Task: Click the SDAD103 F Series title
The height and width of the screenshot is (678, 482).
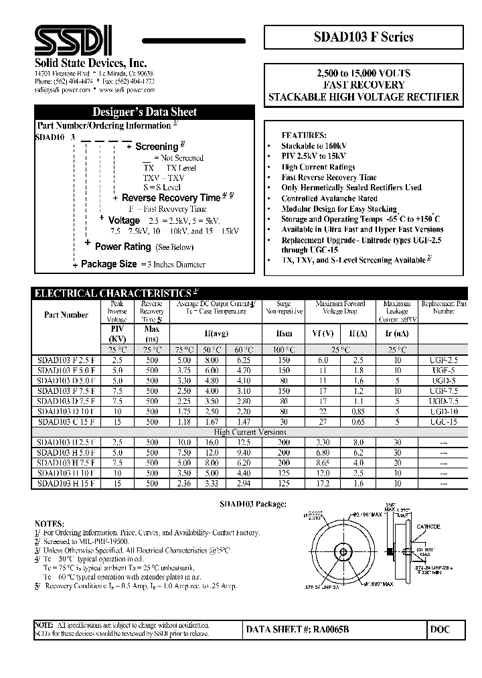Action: (364, 37)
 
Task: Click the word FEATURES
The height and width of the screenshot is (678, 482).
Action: (305, 135)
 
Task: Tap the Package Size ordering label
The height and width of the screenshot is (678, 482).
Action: (108, 264)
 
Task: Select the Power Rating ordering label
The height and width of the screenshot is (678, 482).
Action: (123, 247)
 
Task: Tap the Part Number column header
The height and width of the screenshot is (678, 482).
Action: (66, 314)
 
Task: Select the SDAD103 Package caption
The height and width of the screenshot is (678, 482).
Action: (254, 503)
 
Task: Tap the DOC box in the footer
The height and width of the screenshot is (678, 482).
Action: (440, 629)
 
